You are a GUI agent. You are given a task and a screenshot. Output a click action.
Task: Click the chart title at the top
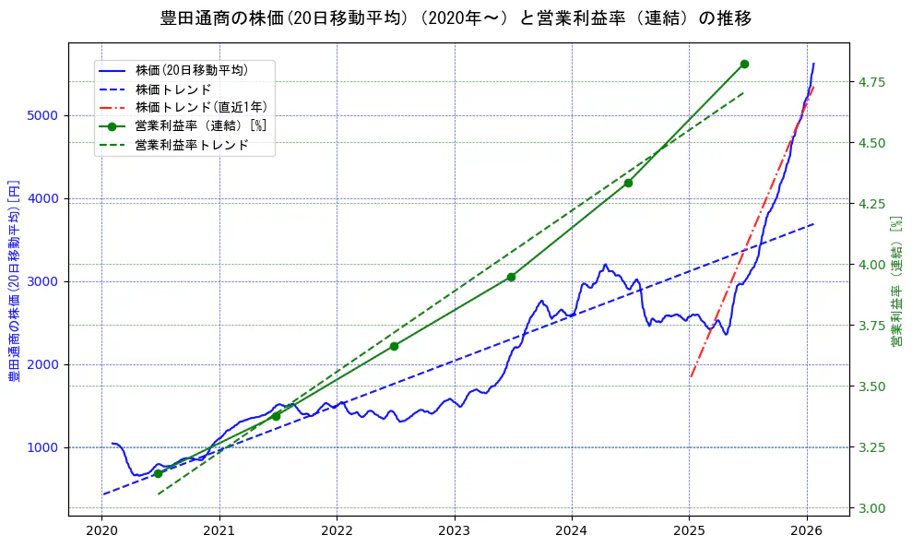click(x=456, y=18)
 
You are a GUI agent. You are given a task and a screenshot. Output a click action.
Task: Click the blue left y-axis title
click(x=14, y=281)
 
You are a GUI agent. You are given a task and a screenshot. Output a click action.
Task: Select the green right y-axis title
click(x=895, y=281)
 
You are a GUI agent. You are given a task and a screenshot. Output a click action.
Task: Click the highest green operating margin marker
click(x=744, y=64)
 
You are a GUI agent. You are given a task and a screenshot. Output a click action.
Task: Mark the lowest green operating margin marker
click(x=158, y=473)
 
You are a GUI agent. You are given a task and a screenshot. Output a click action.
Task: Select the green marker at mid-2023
click(x=511, y=277)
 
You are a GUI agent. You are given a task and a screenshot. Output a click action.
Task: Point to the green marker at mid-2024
click(x=628, y=183)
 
